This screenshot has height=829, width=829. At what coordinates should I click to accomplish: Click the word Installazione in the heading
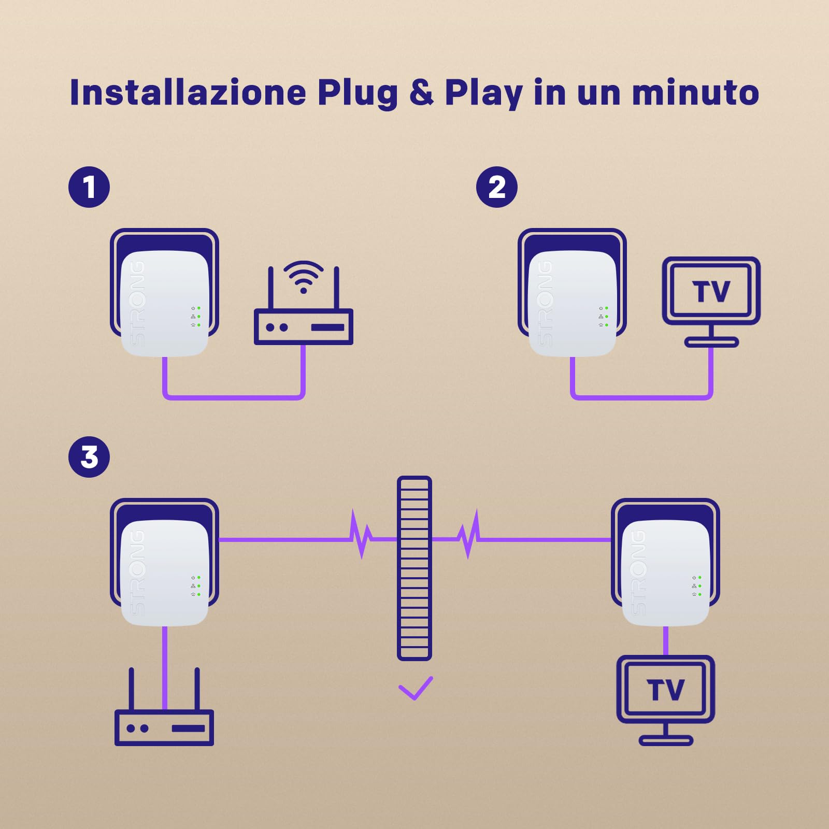pos(188,93)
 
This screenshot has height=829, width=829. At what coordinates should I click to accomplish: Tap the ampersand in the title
pos(421,93)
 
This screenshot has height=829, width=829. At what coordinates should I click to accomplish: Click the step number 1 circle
pos(89,187)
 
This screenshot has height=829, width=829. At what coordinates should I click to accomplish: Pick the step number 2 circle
pos(496,187)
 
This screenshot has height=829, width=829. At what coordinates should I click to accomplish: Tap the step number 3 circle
pos(89,457)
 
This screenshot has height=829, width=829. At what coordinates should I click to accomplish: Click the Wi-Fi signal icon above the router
pos(304,276)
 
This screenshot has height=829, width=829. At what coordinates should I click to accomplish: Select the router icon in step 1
pos(304,326)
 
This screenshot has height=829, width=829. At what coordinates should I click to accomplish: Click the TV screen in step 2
pos(711,291)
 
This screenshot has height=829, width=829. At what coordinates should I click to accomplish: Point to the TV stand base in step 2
pos(711,342)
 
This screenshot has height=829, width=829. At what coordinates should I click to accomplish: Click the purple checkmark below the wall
pos(416,688)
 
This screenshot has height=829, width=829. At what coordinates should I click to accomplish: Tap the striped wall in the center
pos(414,568)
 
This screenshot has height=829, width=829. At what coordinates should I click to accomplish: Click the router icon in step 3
pos(164,727)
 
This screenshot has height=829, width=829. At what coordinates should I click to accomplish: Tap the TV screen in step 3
pos(665,690)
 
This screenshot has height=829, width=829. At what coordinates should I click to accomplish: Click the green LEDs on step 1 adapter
pos(198,317)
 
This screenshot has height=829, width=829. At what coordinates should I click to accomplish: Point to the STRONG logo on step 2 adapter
pos(545,303)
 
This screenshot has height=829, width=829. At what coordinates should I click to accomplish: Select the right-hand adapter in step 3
pos(665,565)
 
